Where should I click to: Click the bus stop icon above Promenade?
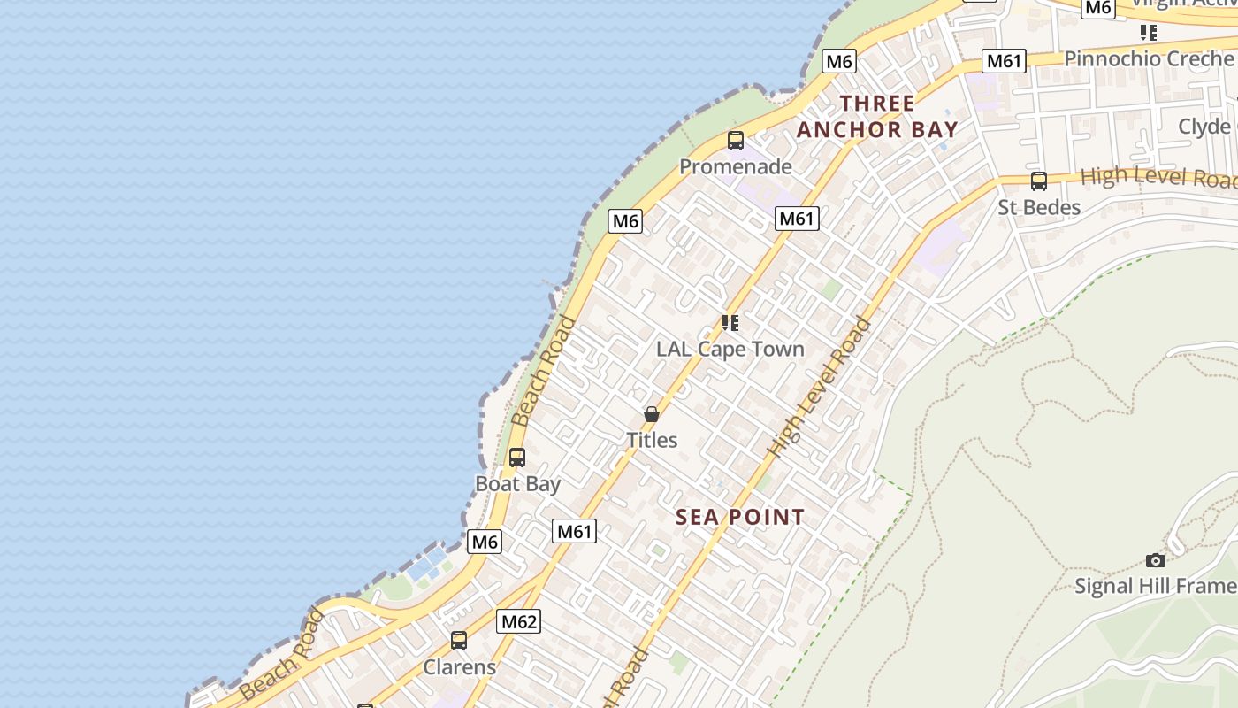736,140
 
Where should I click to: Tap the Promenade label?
736,166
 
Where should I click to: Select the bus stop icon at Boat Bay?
517,458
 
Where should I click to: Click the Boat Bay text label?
518,484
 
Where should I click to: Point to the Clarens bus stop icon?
459,641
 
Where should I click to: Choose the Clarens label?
460,667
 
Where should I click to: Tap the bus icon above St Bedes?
1039,181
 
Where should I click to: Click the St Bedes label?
1039,208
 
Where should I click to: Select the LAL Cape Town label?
730,349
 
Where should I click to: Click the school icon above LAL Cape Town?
730,322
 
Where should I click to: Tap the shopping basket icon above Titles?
652,414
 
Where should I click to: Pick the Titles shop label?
652,440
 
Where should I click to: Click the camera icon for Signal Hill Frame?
1155,560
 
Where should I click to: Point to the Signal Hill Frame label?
1155,586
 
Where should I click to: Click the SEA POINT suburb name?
740,518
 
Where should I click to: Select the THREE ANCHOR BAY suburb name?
877,117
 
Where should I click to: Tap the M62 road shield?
518,621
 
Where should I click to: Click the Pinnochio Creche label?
1148,58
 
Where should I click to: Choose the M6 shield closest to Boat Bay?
485,542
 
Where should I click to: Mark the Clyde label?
1204,127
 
